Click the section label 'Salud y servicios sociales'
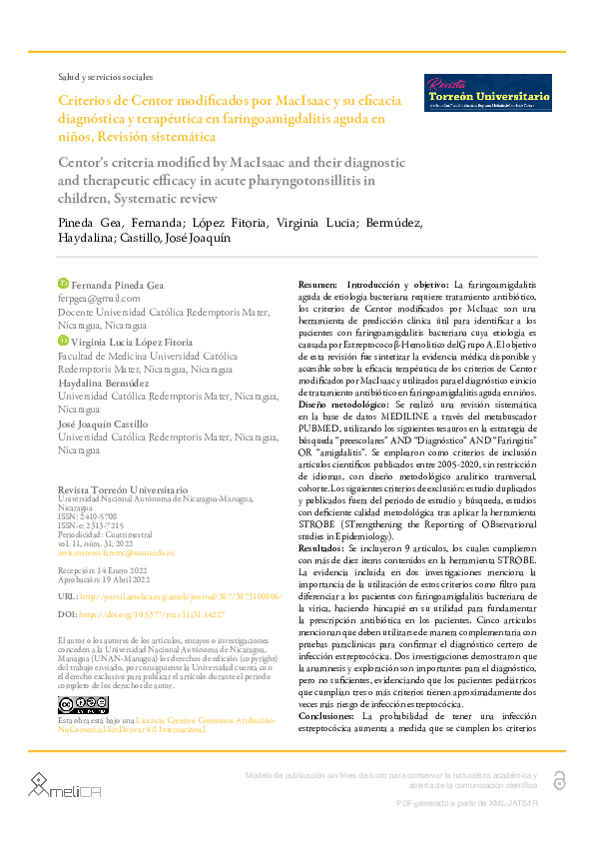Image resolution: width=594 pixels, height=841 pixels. coord(106,76)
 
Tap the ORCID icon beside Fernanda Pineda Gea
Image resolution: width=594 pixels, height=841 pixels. coord(64,285)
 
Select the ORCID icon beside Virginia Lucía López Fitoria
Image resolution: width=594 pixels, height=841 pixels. coord(64,341)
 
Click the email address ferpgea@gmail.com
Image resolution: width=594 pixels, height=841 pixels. coord(99,299)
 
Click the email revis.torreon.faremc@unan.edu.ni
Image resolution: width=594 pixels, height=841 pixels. coord(116,551)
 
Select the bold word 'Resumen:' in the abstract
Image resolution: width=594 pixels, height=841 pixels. coord(318,286)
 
